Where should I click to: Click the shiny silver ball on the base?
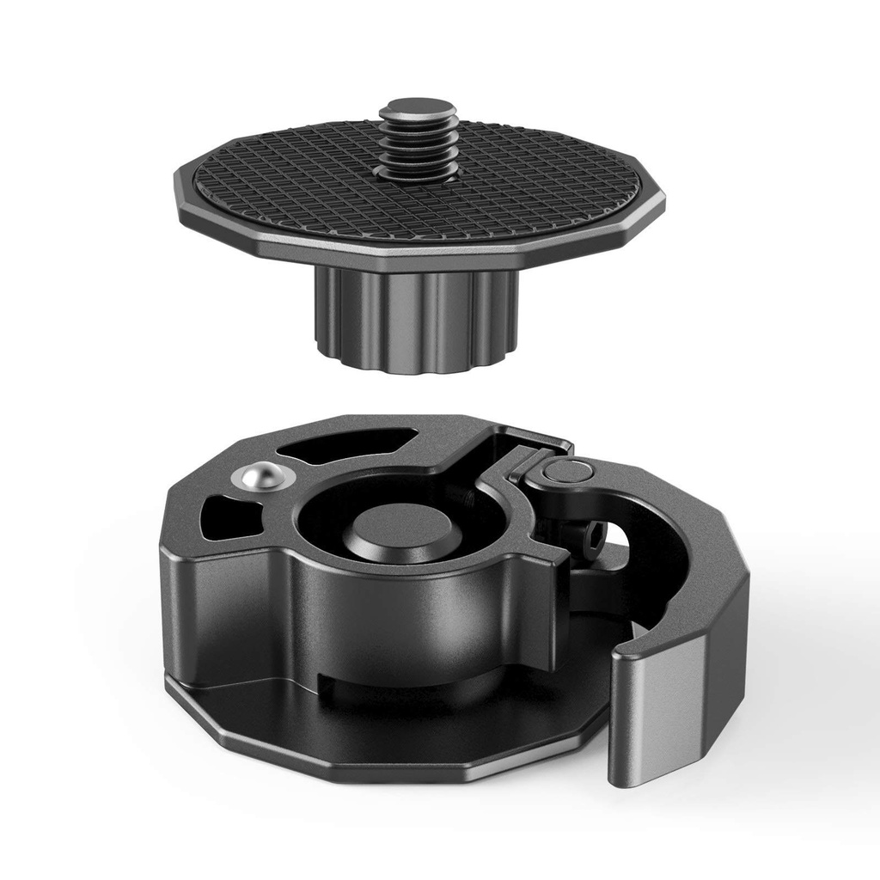click(265, 476)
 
